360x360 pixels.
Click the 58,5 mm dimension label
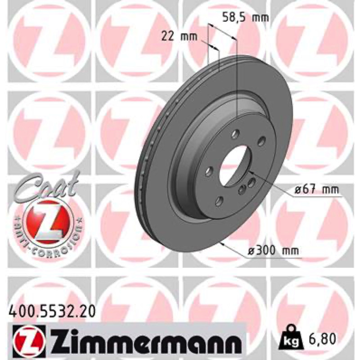point(245,18)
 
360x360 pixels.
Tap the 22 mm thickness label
point(179,36)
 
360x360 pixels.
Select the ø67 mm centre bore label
point(317,190)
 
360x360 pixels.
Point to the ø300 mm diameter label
point(274,251)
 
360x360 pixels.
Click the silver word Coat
point(46,186)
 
